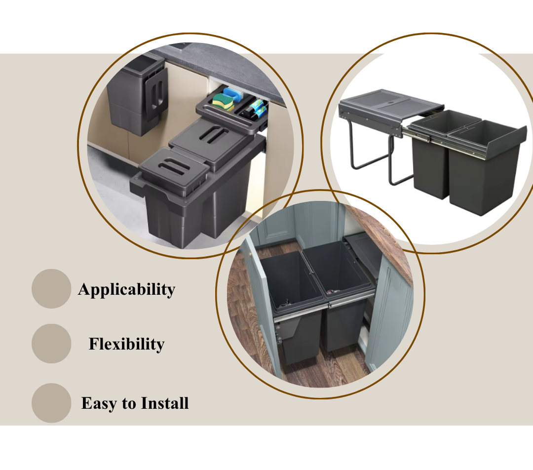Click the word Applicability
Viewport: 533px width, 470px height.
point(126,290)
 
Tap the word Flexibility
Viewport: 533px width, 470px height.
point(126,344)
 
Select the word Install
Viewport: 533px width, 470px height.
point(165,403)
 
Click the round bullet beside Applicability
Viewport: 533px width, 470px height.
point(51,289)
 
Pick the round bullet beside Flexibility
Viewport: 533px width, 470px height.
point(51,344)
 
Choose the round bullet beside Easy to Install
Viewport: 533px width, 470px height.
point(51,403)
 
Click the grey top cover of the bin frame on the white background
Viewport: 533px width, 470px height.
point(391,104)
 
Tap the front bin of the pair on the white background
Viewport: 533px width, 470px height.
point(485,167)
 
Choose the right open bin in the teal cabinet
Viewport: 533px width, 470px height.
point(340,292)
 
